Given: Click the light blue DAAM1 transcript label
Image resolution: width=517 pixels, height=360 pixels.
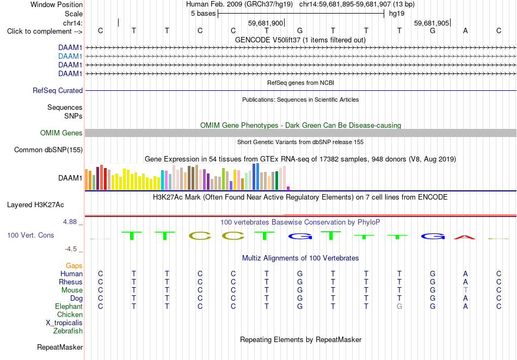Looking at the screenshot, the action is tap(70, 57).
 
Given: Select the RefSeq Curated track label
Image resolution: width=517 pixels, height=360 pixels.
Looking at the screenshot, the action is tap(58, 91).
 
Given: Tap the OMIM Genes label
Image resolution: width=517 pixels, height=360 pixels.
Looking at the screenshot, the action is tap(61, 133).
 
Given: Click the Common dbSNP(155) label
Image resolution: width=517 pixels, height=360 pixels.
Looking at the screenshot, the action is tap(48, 150).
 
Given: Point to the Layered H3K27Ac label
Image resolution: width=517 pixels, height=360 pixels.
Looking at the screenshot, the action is tap(35, 205).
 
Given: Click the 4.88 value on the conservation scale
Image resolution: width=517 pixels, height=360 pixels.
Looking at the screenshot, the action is tap(70, 222).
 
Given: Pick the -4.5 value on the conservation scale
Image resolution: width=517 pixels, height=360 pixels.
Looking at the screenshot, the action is tap(71, 249).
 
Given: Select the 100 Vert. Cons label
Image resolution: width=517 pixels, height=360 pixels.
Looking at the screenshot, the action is tap(30, 235).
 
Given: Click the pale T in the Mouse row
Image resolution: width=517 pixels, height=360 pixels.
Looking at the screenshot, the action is tap(465, 290).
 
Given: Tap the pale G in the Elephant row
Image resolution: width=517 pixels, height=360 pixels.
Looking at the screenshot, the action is tap(399, 306).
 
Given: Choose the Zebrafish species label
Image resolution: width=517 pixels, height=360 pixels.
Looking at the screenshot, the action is tap(68, 331).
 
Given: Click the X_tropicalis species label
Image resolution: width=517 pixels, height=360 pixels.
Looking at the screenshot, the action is tap(64, 323).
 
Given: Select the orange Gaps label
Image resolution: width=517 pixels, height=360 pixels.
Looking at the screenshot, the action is tap(74, 265).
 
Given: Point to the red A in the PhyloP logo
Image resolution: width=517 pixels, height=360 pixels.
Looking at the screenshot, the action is tap(465, 237).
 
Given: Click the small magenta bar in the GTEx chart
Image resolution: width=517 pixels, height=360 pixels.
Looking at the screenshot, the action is tap(288, 188).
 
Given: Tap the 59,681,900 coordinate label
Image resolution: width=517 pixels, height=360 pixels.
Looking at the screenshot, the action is tap(266, 23).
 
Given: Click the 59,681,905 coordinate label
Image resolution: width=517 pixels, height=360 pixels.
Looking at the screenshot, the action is tap(432, 23).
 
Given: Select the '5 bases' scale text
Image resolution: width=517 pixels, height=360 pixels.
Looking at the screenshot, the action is tap(203, 14).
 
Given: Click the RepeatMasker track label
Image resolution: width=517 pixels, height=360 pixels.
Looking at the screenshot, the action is tap(60, 347).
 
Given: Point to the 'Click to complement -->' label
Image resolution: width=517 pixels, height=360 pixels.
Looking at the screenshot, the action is tap(45, 32).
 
